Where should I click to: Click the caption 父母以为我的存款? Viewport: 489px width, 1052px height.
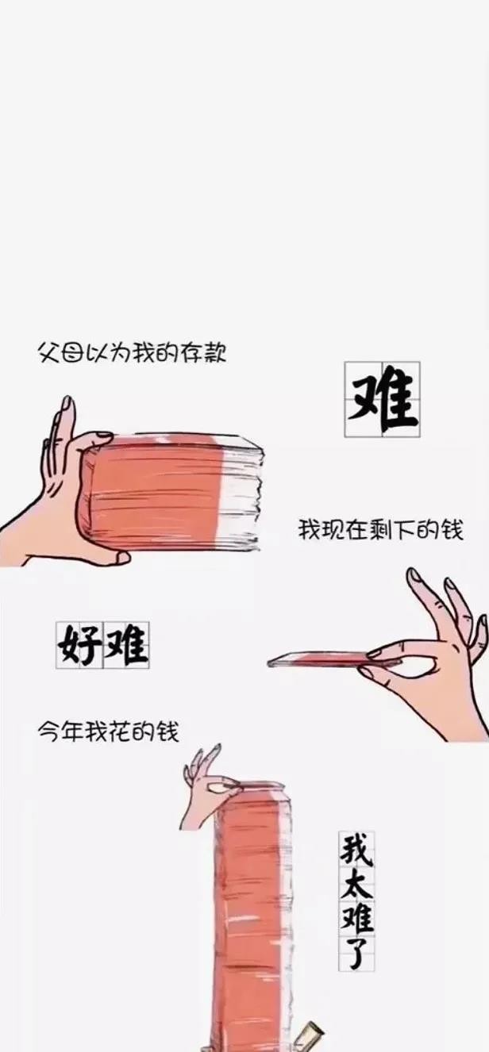point(132,351)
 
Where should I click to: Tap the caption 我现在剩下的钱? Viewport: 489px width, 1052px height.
point(380,530)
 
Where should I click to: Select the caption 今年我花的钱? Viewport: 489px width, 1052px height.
point(109,731)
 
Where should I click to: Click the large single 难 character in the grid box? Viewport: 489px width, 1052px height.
point(383,399)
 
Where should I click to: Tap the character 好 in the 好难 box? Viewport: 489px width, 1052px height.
point(79,645)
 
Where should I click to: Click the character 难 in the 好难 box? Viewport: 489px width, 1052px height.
point(126,645)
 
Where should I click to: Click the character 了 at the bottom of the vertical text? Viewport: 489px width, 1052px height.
point(356,950)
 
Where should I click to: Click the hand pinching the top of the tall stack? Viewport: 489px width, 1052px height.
point(206,789)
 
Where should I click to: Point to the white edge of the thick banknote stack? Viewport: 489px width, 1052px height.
point(241,493)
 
